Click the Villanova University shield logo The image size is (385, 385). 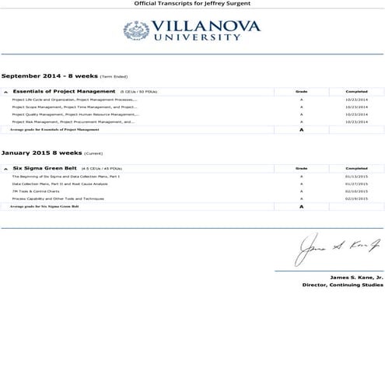[x=135, y=30]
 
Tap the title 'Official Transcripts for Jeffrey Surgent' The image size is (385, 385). [x=192, y=4]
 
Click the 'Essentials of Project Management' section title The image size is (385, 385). [x=64, y=92]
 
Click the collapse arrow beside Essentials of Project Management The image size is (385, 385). [x=6, y=93]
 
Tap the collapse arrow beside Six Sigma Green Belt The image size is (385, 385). [x=6, y=169]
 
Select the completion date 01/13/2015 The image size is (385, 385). [x=355, y=177]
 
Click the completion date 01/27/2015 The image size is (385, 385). [x=355, y=184]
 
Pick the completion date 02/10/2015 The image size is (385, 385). [x=355, y=191]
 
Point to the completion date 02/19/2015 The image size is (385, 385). [x=355, y=198]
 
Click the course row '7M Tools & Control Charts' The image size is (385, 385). [x=36, y=191]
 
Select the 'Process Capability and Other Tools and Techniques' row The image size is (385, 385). [x=58, y=198]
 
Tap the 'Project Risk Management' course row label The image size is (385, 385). [x=73, y=122]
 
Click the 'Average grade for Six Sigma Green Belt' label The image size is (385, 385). [x=44, y=207]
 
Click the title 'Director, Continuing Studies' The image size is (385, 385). [x=342, y=285]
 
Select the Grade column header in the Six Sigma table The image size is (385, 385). [x=301, y=168]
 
